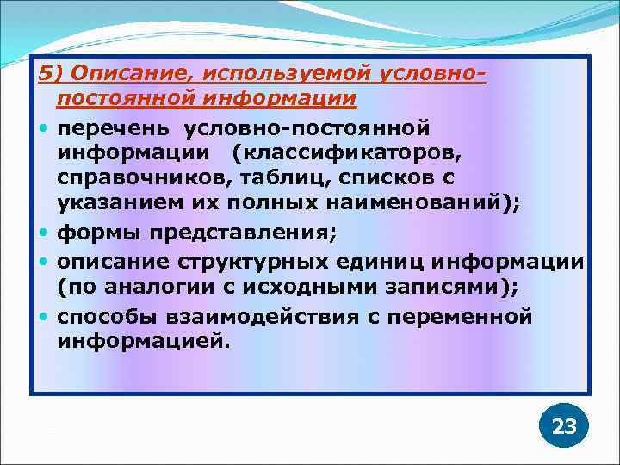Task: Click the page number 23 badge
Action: [564, 425]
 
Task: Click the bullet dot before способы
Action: [44, 316]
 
